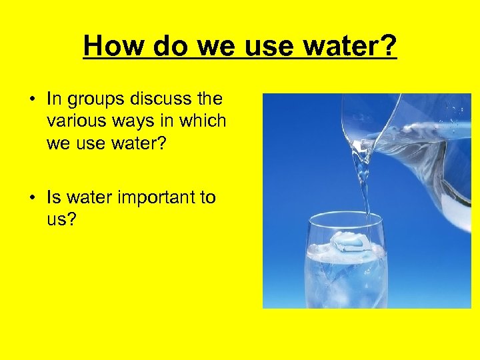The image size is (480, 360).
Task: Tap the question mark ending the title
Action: pos(388,46)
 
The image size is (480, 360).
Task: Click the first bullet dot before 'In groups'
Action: pos(31,100)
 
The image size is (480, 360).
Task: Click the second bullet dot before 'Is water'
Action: pos(31,198)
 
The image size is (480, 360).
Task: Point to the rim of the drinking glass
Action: pos(347,217)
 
